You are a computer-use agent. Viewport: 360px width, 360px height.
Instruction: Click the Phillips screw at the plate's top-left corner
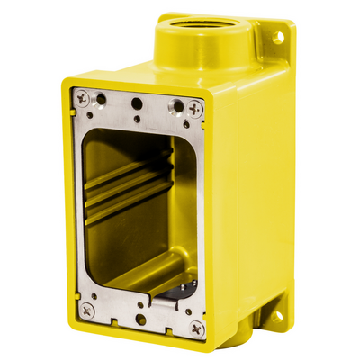click(83, 98)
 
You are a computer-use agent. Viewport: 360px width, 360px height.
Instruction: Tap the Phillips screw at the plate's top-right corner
click(196, 108)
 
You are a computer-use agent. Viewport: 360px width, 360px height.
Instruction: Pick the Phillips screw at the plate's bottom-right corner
click(196, 328)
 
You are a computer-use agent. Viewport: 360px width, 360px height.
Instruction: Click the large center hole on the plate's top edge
click(136, 103)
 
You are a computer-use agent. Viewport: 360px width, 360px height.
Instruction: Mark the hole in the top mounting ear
click(278, 37)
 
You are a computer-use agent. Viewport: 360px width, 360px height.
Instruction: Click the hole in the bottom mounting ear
click(277, 315)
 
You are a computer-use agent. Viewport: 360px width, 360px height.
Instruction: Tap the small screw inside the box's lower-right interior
click(183, 291)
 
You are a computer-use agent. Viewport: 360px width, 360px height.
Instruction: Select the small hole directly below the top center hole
click(137, 118)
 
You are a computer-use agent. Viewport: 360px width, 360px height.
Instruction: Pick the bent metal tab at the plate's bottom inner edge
click(144, 289)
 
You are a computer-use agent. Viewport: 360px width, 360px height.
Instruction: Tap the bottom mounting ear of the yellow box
click(274, 315)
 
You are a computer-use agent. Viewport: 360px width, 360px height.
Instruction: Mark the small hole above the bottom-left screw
click(89, 294)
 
